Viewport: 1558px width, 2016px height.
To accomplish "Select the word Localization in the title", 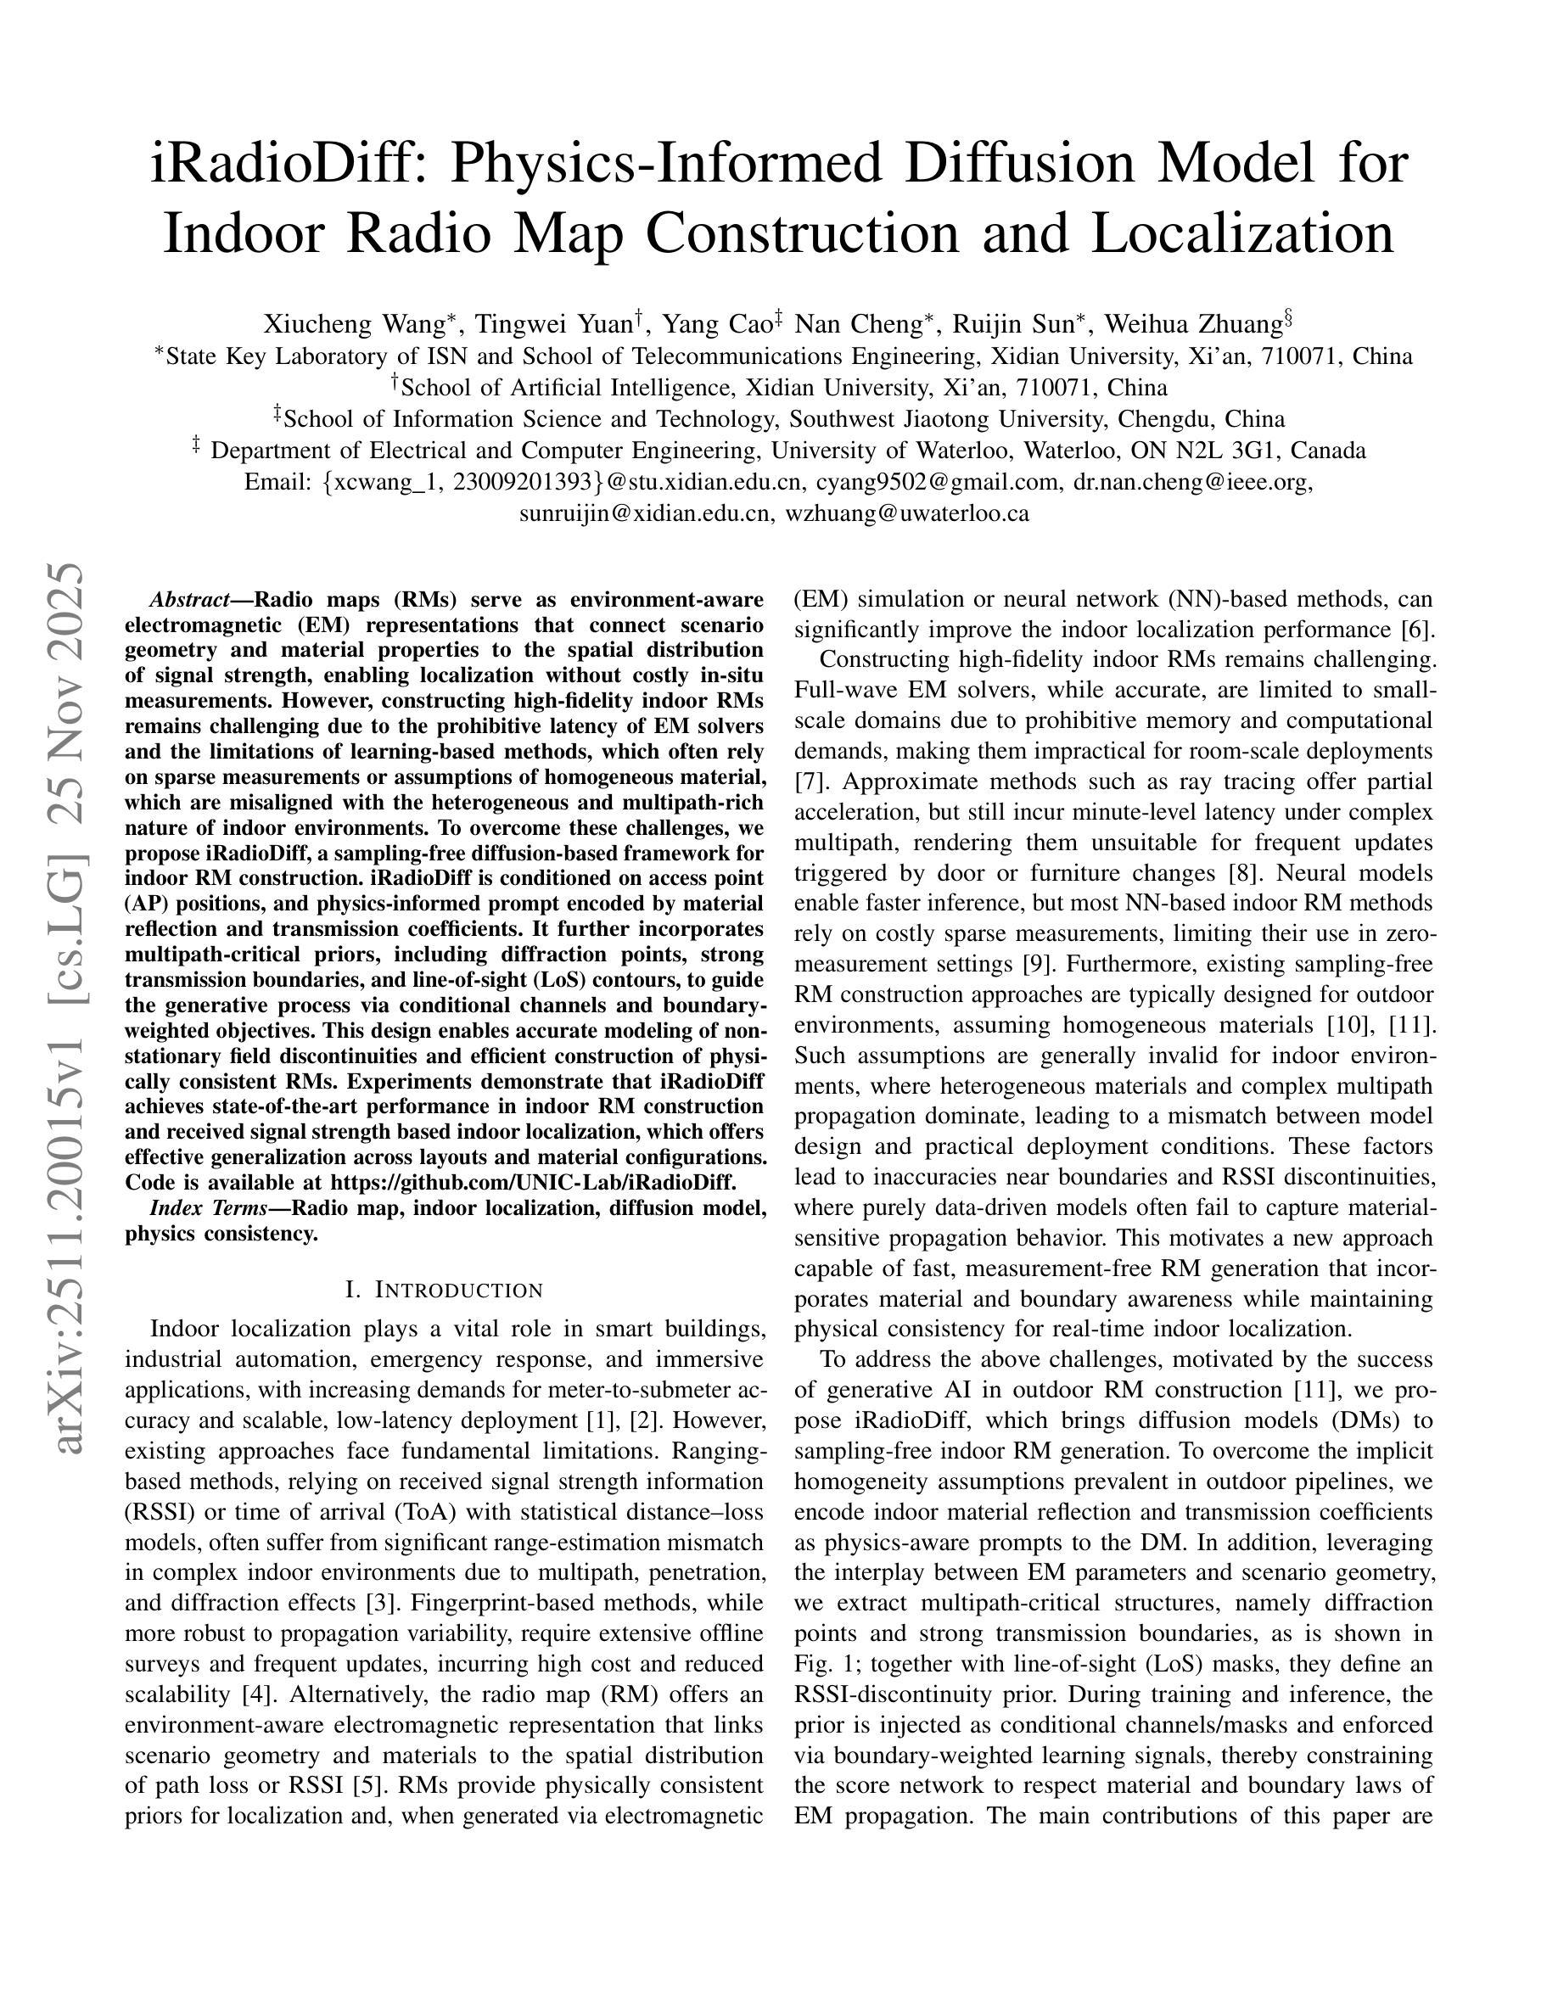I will (x=1242, y=233).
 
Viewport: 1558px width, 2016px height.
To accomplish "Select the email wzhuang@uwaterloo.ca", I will (x=906, y=513).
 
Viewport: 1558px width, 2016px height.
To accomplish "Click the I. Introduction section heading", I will (x=444, y=1290).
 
